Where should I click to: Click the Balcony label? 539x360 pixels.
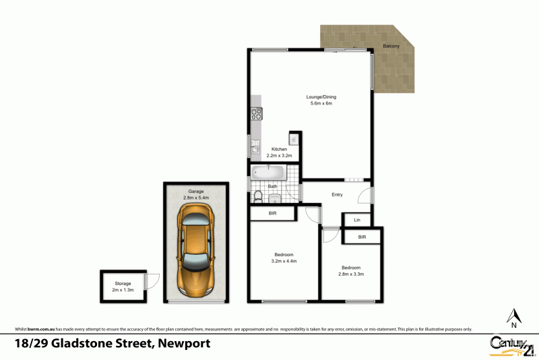coord(391,46)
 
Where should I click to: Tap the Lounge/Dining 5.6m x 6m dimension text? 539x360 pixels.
coord(321,103)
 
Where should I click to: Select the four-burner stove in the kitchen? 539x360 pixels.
coord(256,114)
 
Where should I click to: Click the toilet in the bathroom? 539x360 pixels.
coord(257,196)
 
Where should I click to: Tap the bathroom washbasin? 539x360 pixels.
coord(276,198)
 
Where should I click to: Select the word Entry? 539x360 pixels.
coord(337,195)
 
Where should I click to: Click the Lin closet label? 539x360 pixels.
coord(356,220)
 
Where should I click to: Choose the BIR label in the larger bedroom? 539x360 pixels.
coord(273,214)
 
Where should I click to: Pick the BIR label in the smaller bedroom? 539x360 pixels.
coord(362,237)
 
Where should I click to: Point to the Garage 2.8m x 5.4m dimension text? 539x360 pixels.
coord(196,198)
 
